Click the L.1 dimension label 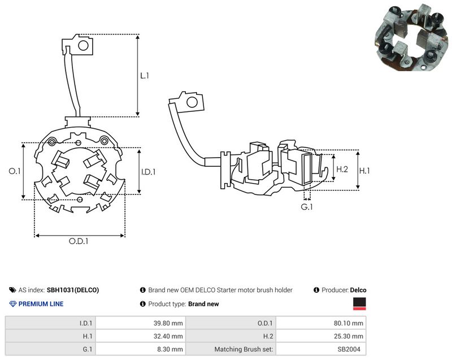(x=145, y=76)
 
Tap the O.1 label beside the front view (x=15, y=171)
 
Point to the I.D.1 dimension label (x=149, y=172)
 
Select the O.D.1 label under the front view (x=79, y=241)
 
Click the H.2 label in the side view (x=342, y=169)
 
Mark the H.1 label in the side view (x=364, y=171)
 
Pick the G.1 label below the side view (x=307, y=207)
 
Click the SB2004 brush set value (x=349, y=349)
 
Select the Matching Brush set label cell (x=231, y=349)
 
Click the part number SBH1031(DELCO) (x=73, y=290)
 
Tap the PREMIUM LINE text (x=41, y=304)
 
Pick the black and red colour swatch (x=359, y=304)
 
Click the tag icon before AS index (x=12, y=290)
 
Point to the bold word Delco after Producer (x=358, y=290)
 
